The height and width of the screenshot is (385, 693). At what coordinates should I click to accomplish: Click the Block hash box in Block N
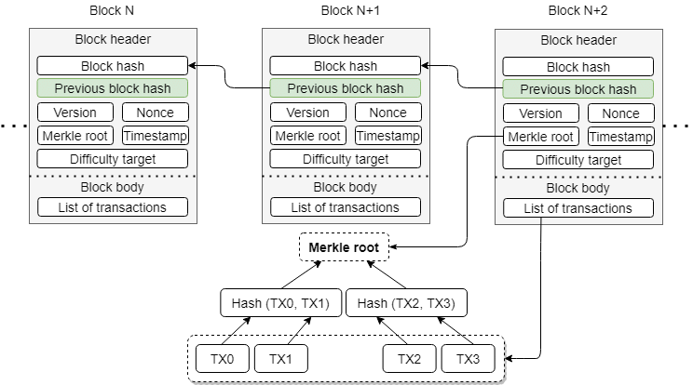(x=112, y=66)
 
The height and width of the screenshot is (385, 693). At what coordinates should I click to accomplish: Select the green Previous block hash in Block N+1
(x=345, y=88)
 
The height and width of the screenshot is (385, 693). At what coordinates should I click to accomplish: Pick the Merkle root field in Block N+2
(x=540, y=137)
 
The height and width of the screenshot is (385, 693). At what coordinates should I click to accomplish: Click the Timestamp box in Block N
(x=155, y=135)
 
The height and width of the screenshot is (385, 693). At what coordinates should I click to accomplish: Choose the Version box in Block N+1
(x=307, y=113)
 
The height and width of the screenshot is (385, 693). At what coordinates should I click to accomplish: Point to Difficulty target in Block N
(x=112, y=158)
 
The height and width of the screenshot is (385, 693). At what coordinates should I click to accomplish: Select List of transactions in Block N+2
(x=577, y=208)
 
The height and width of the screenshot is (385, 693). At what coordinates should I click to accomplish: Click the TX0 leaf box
(x=223, y=358)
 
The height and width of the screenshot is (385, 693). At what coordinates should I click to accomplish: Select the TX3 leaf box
(x=468, y=358)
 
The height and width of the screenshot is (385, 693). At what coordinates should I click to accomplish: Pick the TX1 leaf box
(x=280, y=358)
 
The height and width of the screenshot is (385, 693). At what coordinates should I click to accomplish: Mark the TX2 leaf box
(x=410, y=358)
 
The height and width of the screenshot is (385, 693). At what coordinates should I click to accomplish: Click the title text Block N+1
(x=345, y=11)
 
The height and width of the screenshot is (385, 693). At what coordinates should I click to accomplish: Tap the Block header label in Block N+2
(x=577, y=41)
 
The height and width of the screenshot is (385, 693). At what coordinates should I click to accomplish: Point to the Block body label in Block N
(x=112, y=187)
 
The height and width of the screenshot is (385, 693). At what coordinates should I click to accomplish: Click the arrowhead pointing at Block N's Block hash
(x=192, y=66)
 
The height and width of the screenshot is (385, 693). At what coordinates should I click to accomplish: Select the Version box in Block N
(x=75, y=113)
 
